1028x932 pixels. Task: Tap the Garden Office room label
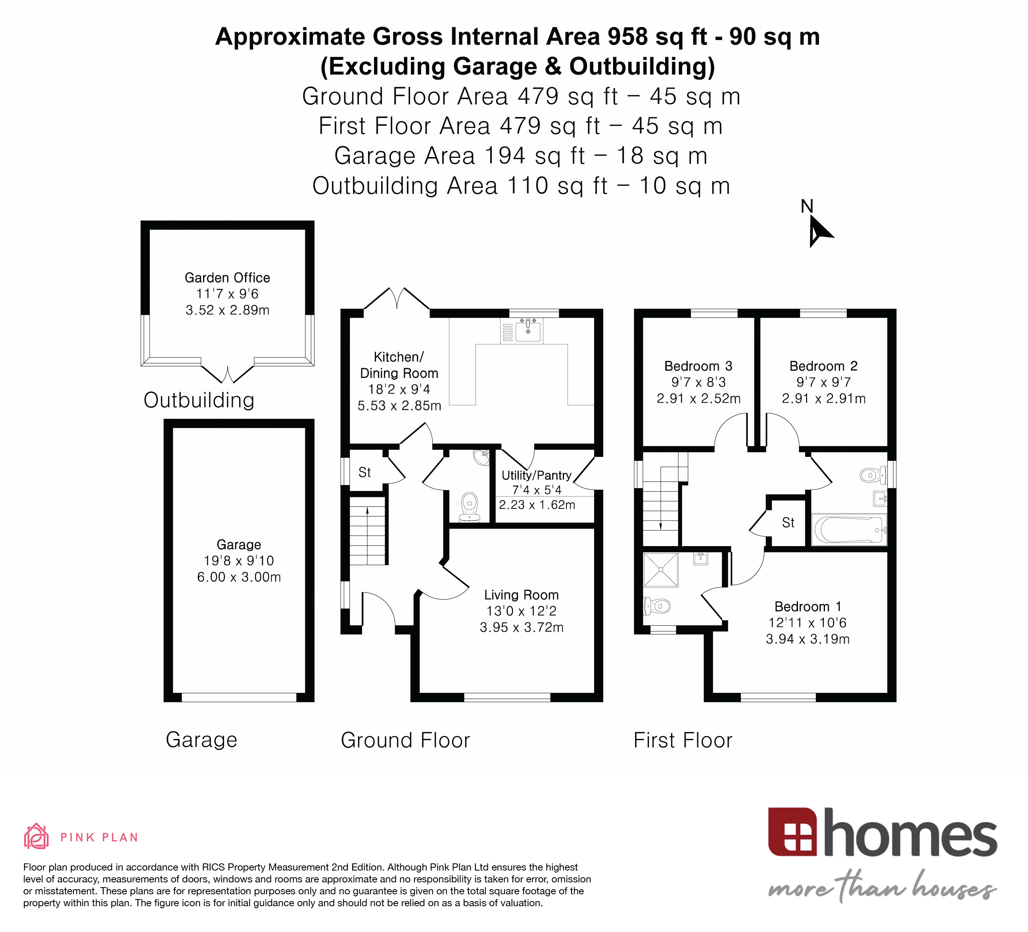pyautogui.click(x=227, y=278)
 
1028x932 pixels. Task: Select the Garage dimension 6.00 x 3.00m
pyautogui.click(x=239, y=577)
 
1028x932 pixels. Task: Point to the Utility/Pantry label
pyautogui.click(x=537, y=475)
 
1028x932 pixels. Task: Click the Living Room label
pyautogui.click(x=521, y=595)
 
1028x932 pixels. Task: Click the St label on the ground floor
pyautogui.click(x=364, y=473)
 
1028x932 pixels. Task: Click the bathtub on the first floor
pyautogui.click(x=848, y=530)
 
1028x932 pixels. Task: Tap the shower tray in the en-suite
pyautogui.click(x=661, y=570)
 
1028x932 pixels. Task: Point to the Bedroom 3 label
pyautogui.click(x=698, y=366)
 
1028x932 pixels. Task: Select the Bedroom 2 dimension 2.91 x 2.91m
pyautogui.click(x=823, y=399)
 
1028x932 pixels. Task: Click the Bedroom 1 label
pyautogui.click(x=808, y=607)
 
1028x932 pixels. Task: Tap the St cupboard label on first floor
pyautogui.click(x=788, y=523)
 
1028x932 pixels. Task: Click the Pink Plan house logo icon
pyautogui.click(x=36, y=837)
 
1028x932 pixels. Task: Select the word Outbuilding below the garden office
pyautogui.click(x=199, y=400)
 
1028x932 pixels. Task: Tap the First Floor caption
pyautogui.click(x=683, y=740)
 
